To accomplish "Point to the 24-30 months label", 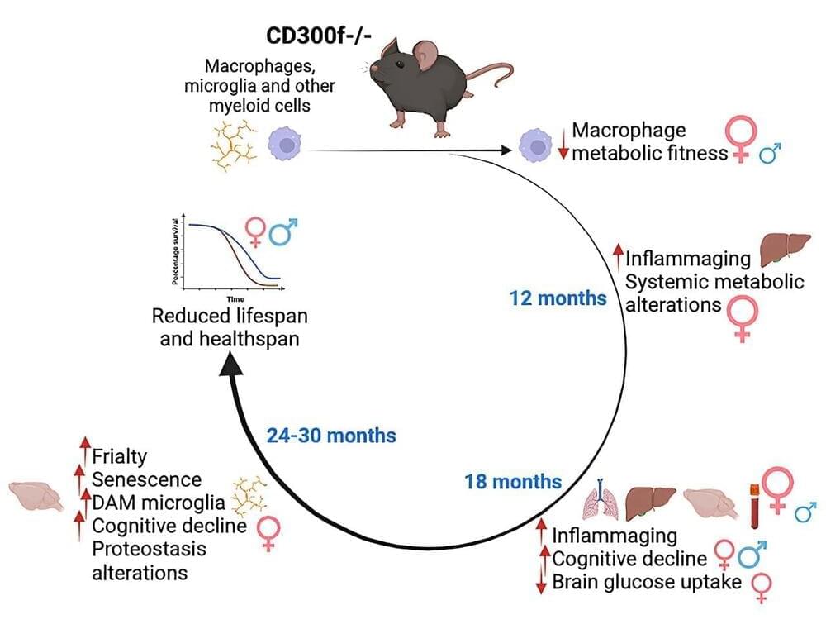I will (331, 435).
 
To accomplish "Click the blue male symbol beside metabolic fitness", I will (770, 155).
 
